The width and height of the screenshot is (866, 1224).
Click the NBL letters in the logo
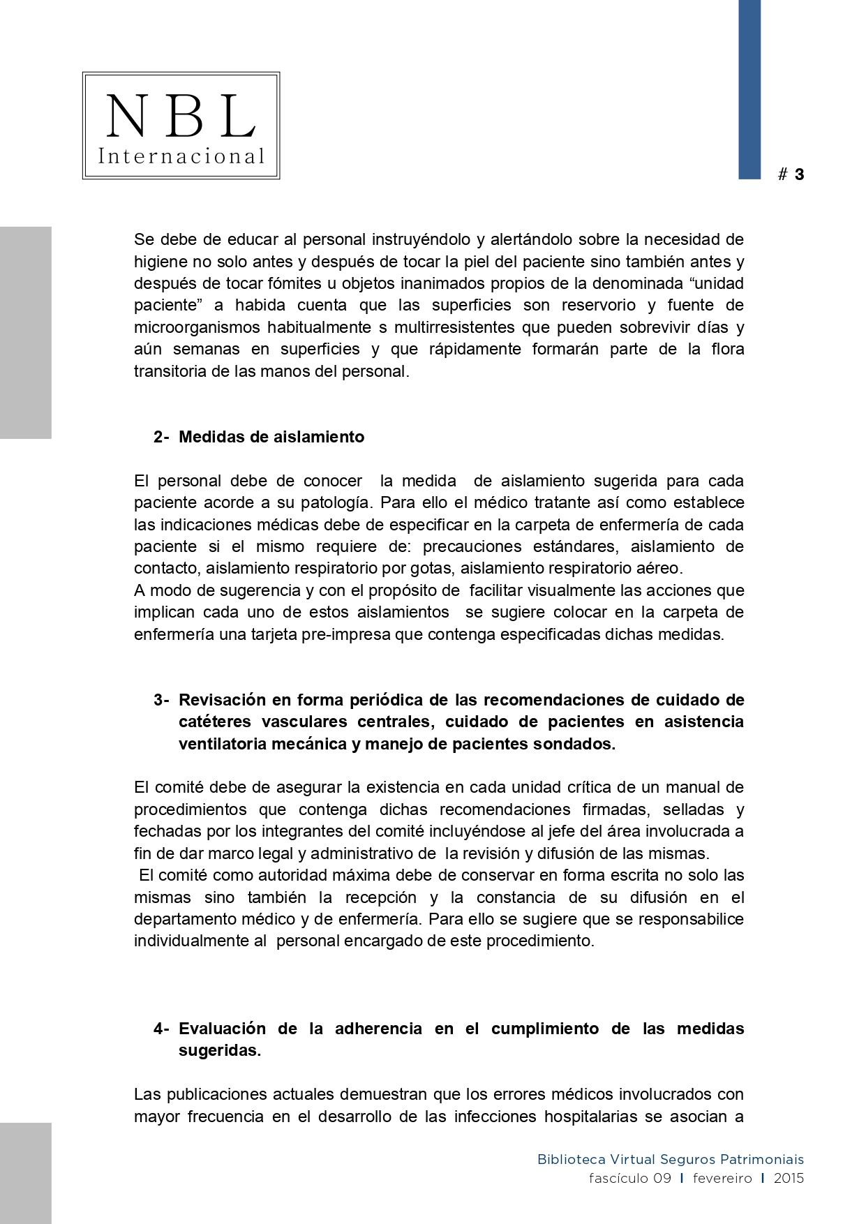[181, 117]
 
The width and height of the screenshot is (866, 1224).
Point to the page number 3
[799, 174]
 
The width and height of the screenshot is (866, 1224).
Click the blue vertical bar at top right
[749, 89]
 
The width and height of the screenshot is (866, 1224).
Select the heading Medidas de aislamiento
[271, 437]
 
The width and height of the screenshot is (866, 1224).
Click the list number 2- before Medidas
[161, 437]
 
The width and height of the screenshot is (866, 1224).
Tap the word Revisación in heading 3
[223, 700]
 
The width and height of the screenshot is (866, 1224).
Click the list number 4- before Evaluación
[161, 1029]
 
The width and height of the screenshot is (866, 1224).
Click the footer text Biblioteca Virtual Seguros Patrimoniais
[670, 1160]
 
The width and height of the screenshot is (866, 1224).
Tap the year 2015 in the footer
[789, 1179]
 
